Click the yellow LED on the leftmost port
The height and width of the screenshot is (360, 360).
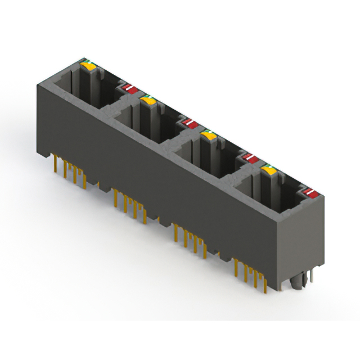[x=89, y=66]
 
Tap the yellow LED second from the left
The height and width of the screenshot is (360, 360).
[x=148, y=100]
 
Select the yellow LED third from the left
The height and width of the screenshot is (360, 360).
[x=209, y=135]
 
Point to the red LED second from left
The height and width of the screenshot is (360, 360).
[x=188, y=123]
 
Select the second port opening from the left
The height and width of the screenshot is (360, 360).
[x=143, y=124]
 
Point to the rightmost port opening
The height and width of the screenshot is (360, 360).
[x=264, y=194]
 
